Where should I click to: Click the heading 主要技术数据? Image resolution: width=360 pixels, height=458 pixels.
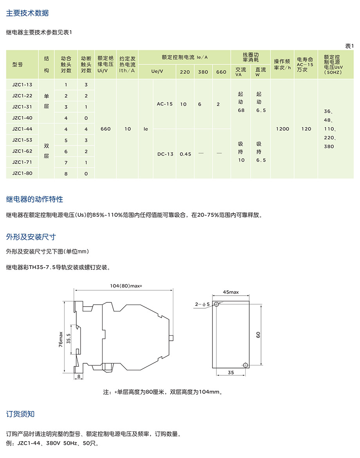point(27,13)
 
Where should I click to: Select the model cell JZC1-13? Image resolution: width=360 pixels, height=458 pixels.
point(22,85)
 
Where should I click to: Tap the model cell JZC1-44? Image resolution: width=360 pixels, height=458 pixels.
point(22,129)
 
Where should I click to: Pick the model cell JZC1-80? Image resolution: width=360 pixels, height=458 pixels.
point(22,173)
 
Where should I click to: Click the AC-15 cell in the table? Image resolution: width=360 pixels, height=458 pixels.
point(165,104)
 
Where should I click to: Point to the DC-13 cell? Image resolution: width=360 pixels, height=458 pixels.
point(165,154)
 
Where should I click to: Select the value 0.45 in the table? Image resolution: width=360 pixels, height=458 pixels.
point(185,154)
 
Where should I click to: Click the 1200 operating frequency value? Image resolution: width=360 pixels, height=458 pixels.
point(282,129)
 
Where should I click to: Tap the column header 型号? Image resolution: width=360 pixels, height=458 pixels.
point(18,65)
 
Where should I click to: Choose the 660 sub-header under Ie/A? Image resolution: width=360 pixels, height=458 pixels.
point(221,72)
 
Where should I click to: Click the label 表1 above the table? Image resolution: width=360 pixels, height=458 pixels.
point(349,46)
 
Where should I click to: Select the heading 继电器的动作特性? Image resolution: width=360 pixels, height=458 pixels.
point(34,199)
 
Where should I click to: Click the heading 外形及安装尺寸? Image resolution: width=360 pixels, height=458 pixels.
point(31,237)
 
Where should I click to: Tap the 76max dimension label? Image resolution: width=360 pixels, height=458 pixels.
point(60,339)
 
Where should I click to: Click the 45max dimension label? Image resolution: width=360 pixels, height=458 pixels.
point(230,292)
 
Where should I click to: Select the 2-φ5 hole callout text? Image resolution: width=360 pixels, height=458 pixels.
point(202,304)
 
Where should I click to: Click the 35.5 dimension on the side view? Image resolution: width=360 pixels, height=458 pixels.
point(69,338)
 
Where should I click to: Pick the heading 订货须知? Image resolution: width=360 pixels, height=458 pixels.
point(20,414)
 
